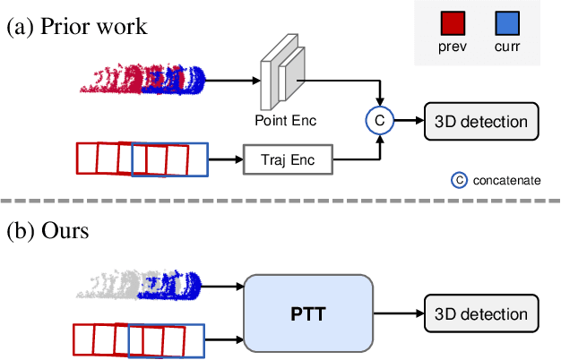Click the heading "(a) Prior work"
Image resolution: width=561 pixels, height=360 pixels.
(x=77, y=26)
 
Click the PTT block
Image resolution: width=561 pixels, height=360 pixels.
(x=307, y=314)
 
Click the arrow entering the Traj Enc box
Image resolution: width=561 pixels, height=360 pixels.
(x=227, y=161)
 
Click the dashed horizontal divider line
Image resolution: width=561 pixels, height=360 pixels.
(x=280, y=200)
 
